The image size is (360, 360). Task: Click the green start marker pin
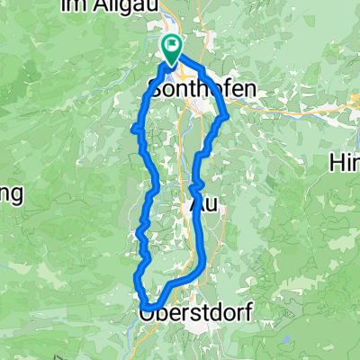pos(171,47)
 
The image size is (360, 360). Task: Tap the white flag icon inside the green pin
pos(171,43)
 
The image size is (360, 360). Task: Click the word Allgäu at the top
pos(128,6)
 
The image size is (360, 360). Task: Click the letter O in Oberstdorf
pos(148,313)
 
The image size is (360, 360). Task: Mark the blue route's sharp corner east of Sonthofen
pos(227,115)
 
